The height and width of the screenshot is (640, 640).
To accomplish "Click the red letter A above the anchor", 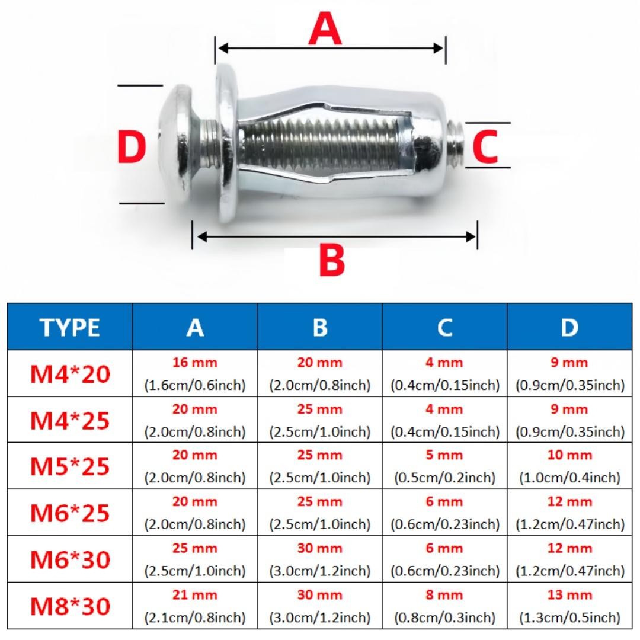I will tap(325, 30).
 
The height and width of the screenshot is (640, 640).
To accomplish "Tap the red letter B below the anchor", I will tap(332, 260).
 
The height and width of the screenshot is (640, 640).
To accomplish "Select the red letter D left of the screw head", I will tap(131, 147).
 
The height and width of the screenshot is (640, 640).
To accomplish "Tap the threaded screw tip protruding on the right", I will tap(456, 145).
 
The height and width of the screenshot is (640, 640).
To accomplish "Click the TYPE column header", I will tap(70, 327).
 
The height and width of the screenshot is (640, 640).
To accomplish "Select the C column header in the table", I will tap(444, 327).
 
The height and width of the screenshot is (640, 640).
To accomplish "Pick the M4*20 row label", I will tap(70, 374).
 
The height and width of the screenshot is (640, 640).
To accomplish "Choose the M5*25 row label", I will tap(70, 466).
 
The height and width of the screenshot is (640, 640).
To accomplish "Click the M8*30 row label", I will tap(70, 606).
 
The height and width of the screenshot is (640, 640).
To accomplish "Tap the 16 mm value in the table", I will tap(195, 363).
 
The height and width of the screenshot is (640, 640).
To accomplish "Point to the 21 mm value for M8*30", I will tap(195, 594).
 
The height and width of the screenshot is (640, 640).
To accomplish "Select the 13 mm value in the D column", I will tap(569, 594).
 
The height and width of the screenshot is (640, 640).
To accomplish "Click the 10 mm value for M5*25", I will tap(569, 455).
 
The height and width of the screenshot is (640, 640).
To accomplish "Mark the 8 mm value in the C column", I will tap(444, 594).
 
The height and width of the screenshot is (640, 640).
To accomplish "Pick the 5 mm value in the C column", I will tap(444, 455).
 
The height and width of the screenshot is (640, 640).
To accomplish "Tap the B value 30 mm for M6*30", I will tap(320, 548).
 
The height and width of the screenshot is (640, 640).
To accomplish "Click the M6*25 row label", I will tap(70, 513).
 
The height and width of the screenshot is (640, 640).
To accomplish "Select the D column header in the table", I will tap(569, 327).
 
